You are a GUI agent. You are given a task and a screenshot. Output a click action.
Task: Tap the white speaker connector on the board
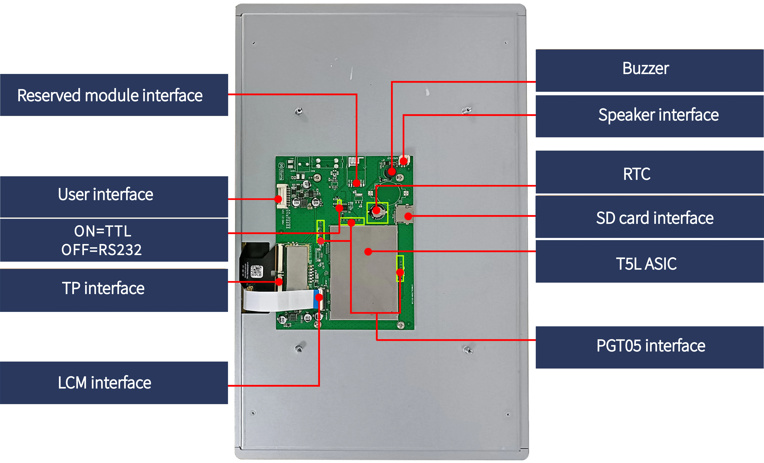405,160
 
